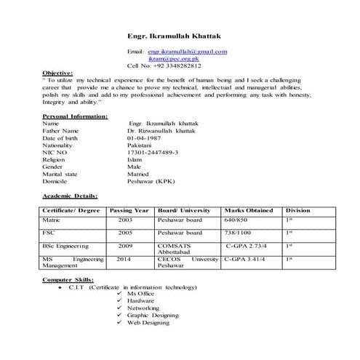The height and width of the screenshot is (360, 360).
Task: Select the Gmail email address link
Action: tap(188, 52)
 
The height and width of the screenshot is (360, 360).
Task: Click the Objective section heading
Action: tap(57, 73)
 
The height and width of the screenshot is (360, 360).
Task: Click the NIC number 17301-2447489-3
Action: tap(153, 153)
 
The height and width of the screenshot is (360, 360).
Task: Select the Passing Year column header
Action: tap(129, 209)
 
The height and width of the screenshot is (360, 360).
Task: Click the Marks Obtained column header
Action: tap(249, 209)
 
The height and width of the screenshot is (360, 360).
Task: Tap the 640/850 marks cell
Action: tap(236, 219)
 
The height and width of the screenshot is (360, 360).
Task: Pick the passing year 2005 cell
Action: tap(126, 233)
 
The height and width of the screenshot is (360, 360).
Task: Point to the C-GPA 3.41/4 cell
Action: tap(246, 258)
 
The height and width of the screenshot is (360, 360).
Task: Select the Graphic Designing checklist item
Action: tap(153, 316)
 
